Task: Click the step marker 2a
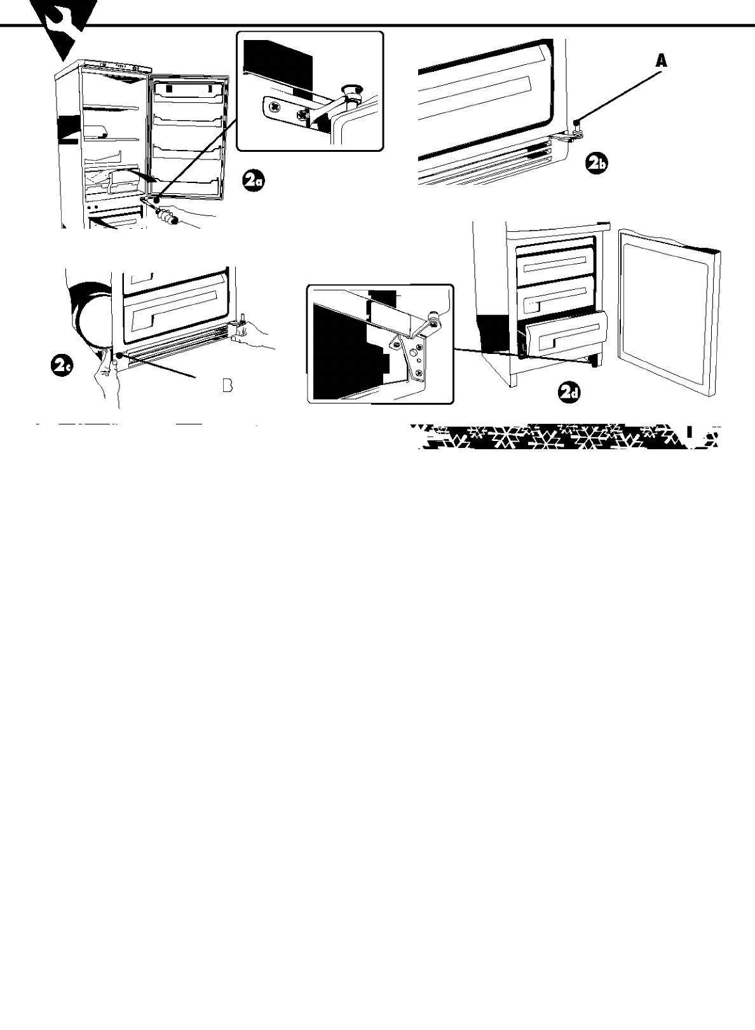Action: coord(254,181)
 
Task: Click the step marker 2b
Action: coord(597,164)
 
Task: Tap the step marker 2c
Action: coord(62,367)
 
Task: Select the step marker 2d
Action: coord(569,392)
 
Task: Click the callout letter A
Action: coord(661,61)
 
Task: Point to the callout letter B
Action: coord(227,385)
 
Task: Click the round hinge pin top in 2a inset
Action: coord(351,89)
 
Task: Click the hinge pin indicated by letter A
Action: coord(576,125)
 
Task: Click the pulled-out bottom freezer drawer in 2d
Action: coord(566,335)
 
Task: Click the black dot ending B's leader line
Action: coord(119,355)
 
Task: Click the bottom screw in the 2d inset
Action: coord(419,373)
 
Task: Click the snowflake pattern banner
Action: coord(566,437)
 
